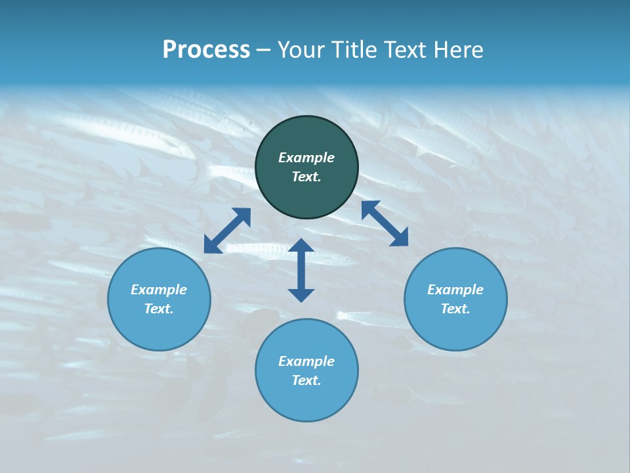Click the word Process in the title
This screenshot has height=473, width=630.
[206, 50]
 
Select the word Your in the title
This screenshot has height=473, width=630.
[301, 50]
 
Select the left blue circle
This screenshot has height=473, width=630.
[159, 328]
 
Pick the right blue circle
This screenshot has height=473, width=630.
[455, 328]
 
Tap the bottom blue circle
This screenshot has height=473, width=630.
[306, 401]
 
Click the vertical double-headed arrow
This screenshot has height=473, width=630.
[301, 270]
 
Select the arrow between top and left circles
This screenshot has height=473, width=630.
[227, 231]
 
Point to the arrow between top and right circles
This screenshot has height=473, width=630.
[385, 223]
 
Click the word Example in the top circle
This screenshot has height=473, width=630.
[306, 158]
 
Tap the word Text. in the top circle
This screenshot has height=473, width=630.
[306, 177]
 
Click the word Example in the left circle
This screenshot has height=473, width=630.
[159, 290]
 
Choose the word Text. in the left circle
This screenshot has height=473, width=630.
[159, 309]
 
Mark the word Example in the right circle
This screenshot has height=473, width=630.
[455, 290]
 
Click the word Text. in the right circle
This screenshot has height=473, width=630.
[455, 309]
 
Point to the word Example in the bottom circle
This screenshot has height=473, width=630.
[306, 361]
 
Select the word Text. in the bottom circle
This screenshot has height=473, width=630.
[306, 380]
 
